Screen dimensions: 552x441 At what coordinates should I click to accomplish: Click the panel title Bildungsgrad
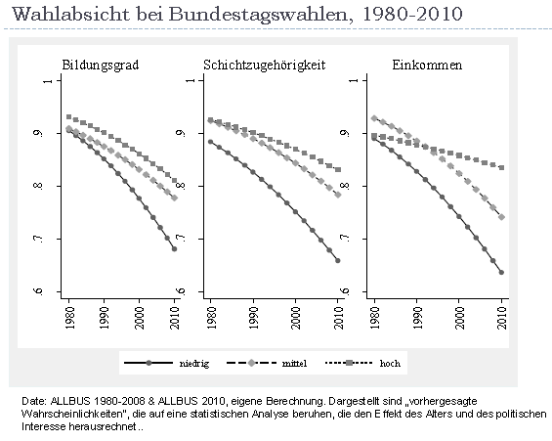(101, 66)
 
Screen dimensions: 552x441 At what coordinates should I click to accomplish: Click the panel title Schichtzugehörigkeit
(265, 66)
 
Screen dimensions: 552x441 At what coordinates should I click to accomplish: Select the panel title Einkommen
(427, 66)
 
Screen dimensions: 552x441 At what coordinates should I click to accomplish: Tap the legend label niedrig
(194, 363)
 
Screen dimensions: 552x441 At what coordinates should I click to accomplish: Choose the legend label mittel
(294, 363)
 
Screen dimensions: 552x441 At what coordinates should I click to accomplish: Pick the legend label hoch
(390, 363)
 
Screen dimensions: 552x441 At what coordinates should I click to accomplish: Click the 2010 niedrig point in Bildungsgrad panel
(174, 249)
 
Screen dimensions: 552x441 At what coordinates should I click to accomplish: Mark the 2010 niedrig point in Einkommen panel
(501, 272)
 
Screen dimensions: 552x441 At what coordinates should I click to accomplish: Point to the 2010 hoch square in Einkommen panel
(502, 167)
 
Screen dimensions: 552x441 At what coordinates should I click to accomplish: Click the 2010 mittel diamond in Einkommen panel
(502, 217)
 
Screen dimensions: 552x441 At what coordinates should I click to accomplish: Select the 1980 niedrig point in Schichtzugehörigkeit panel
(211, 142)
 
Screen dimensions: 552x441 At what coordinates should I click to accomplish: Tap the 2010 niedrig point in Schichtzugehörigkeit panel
(338, 261)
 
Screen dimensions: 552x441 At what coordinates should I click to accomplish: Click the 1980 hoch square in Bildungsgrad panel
(69, 117)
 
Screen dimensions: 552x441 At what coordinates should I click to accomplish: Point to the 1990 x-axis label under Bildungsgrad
(105, 318)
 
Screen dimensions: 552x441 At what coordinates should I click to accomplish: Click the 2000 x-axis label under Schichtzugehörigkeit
(296, 318)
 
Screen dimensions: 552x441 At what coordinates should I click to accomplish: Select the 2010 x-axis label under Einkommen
(502, 318)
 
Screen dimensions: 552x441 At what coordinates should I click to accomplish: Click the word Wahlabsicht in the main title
(71, 15)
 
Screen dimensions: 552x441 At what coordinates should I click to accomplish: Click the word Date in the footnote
(33, 401)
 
